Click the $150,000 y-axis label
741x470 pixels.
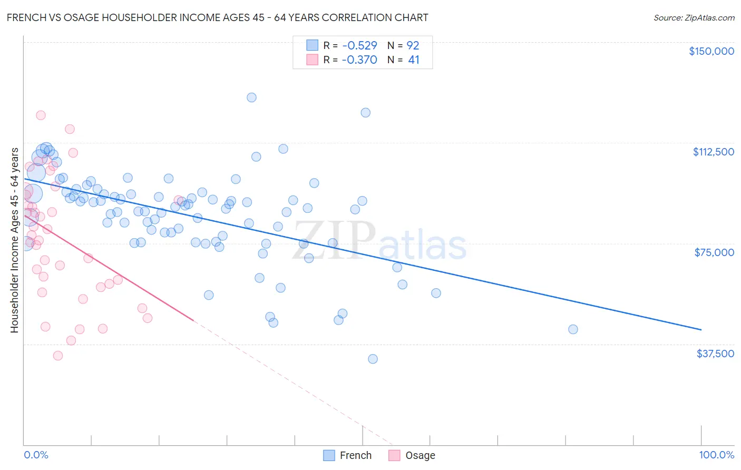pos(711,51)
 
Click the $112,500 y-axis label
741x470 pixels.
pos(713,152)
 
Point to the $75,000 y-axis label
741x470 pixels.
pos(714,252)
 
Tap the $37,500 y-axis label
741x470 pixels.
pos(715,354)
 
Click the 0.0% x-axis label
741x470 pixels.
pos(36,455)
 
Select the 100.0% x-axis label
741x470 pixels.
pos(716,455)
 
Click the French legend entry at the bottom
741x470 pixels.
pos(355,455)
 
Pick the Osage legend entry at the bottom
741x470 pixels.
pos(420,455)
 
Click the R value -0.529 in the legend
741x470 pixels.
pos(359,45)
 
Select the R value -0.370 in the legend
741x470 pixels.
pos(359,60)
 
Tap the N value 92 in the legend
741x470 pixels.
pos(413,45)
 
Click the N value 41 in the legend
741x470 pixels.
pos(414,60)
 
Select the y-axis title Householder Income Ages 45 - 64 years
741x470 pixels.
pos(14,240)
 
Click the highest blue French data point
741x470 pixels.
pos(251,97)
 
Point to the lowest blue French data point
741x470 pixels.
pos(373,359)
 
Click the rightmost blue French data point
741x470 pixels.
pos(573,329)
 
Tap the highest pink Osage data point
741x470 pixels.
pos(41,115)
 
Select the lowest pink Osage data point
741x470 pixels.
pos(58,356)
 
